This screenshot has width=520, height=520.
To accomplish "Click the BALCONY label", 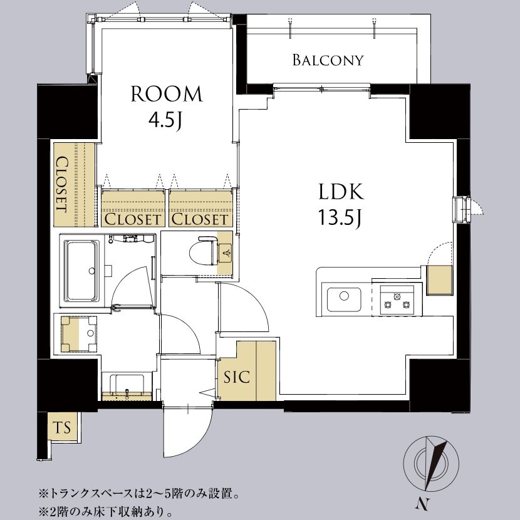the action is click(x=328, y=60).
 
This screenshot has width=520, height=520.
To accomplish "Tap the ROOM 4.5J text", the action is click(x=167, y=107).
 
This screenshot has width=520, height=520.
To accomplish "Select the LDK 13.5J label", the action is click(x=341, y=204).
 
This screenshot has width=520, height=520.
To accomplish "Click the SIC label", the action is click(x=236, y=377).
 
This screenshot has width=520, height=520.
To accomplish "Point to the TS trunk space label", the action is click(x=63, y=427).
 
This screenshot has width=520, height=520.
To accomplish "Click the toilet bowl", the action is click(x=202, y=253).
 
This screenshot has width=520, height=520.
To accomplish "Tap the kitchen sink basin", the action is click(x=344, y=299).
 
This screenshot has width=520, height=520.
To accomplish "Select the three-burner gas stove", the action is click(x=397, y=300).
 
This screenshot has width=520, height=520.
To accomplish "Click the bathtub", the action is click(x=82, y=270).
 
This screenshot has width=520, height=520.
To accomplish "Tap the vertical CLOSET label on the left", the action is click(x=63, y=184).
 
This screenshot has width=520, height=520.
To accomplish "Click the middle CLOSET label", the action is click(x=132, y=219).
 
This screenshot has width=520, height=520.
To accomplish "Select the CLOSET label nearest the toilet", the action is click(x=200, y=219).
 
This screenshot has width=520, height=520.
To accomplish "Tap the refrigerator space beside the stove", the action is click(x=439, y=280).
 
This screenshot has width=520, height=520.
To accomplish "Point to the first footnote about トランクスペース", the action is click(x=139, y=494).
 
